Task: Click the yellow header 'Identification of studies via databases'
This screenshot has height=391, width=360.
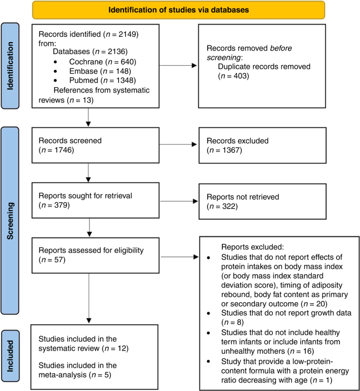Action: (x=178, y=9)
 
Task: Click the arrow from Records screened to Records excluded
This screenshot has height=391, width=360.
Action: (x=176, y=146)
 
